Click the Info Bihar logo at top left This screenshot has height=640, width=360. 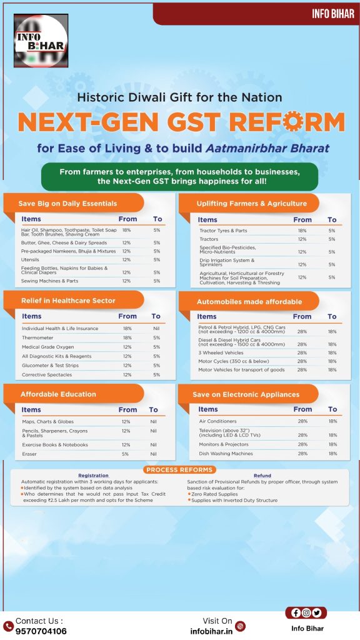click(41, 41)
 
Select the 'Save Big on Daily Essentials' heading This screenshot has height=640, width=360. click(67, 203)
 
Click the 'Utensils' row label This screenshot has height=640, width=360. click(30, 259)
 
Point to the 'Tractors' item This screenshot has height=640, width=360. click(209, 239)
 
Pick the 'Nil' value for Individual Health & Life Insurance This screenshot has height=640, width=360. click(156, 328)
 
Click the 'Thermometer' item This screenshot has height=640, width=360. click(37, 337)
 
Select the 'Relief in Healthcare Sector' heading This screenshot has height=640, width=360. click(68, 301)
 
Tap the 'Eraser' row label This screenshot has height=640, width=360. click(29, 454)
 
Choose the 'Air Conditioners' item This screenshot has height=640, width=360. click(218, 421)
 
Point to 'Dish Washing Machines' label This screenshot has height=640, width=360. click(226, 454)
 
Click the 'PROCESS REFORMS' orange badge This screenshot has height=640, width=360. click(179, 470)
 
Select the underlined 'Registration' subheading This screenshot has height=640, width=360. click(94, 476)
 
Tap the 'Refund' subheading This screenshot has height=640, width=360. click(262, 476)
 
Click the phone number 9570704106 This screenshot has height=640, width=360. click(41, 631)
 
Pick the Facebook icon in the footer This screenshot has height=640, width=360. click(296, 612)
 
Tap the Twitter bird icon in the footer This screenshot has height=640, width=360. click(317, 612)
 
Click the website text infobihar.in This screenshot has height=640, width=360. click(211, 631)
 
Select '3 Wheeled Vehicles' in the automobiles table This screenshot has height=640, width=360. click(221, 352)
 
